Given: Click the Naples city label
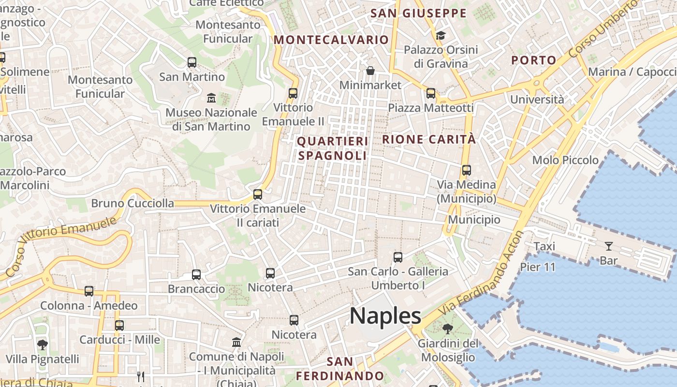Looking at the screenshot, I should pyautogui.click(x=385, y=316).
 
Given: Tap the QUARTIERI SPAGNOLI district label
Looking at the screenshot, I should pyautogui.click(x=332, y=149).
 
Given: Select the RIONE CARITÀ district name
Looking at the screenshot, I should pyautogui.click(x=429, y=139).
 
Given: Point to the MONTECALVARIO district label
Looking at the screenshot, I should pyautogui.click(x=331, y=40).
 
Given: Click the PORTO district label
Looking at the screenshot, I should pyautogui.click(x=534, y=60).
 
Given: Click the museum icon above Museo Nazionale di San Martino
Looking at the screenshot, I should pyautogui.click(x=211, y=98).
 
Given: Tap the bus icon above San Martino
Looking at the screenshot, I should pyautogui.click(x=192, y=62).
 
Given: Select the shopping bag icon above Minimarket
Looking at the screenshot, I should pyautogui.click(x=370, y=71).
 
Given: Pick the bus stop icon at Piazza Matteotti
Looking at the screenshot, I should pyautogui.click(x=431, y=93).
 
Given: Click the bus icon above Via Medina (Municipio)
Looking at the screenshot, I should pyautogui.click(x=467, y=170).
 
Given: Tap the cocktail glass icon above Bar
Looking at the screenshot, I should pyautogui.click(x=609, y=246).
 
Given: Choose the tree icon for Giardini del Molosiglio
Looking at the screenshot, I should pyautogui.click(x=448, y=329).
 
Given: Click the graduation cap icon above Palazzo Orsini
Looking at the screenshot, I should pyautogui.click(x=441, y=35).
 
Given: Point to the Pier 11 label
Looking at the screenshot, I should pyautogui.click(x=538, y=267).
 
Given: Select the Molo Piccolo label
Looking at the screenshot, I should pyautogui.click(x=565, y=160).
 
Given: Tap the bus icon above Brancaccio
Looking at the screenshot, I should pyautogui.click(x=196, y=275).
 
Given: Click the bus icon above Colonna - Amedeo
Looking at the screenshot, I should pyautogui.click(x=89, y=291).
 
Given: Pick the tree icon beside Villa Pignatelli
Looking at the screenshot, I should pyautogui.click(x=43, y=344).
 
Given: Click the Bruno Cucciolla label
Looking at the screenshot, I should pyautogui.click(x=132, y=203).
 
